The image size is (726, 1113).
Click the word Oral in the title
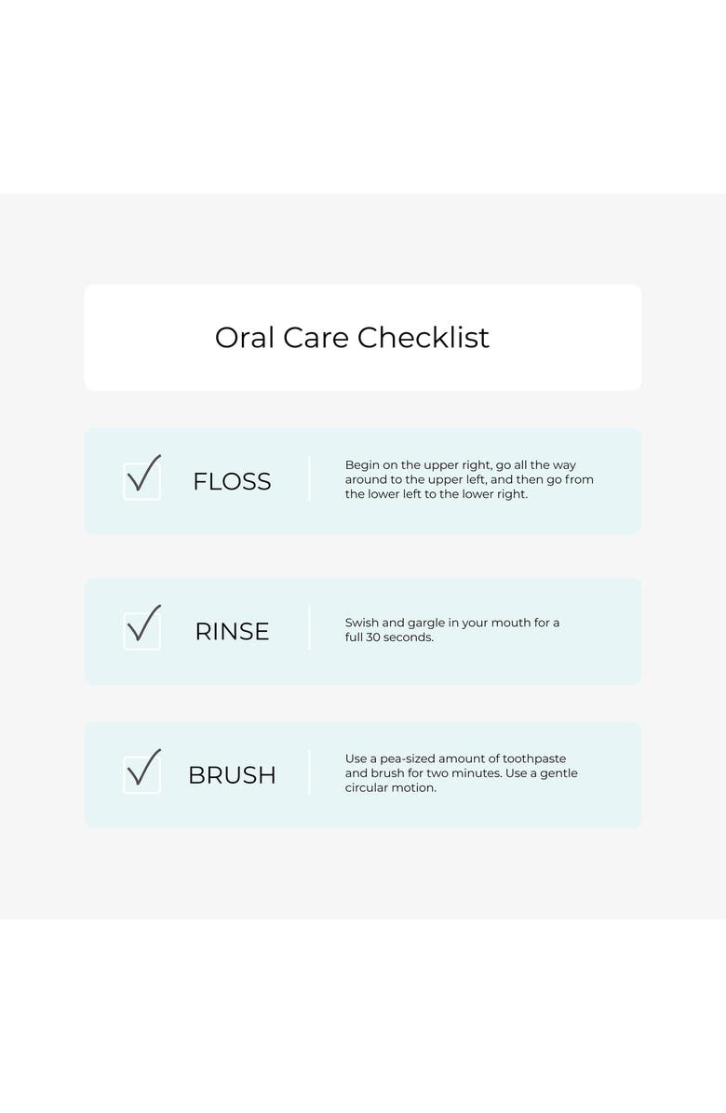[244, 338]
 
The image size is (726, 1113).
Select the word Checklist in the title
[423, 338]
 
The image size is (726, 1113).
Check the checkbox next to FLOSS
[141, 481]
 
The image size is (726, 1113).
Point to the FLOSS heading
[232, 482]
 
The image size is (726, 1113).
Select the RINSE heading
[232, 632]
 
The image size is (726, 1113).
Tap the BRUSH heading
[232, 775]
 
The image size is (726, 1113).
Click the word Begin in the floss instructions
[362, 465]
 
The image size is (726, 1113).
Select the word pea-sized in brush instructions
[408, 759]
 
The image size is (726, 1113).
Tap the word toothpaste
[534, 759]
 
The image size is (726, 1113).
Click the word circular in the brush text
[366, 788]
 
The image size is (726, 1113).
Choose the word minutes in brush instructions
[477, 773]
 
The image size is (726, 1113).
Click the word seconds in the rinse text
[409, 637]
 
